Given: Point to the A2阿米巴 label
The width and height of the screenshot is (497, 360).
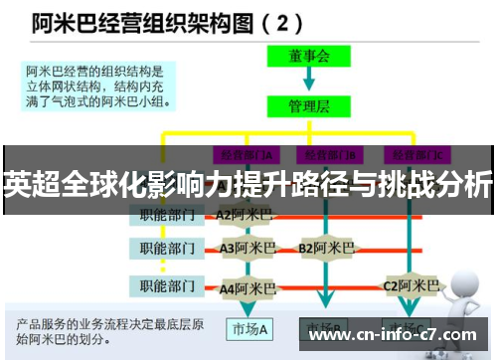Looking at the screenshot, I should coord(245,214).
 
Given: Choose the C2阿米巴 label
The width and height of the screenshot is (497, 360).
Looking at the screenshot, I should coord(411,286).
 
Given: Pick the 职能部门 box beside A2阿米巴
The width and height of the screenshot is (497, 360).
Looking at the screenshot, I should coord(166,214).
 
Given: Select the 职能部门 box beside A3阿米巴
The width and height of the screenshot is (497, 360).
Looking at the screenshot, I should coord(166,248).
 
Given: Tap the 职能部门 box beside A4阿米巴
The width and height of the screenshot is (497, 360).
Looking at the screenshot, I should coord(166,287).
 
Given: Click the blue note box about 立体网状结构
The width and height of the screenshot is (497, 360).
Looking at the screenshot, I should coord(99,85).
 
